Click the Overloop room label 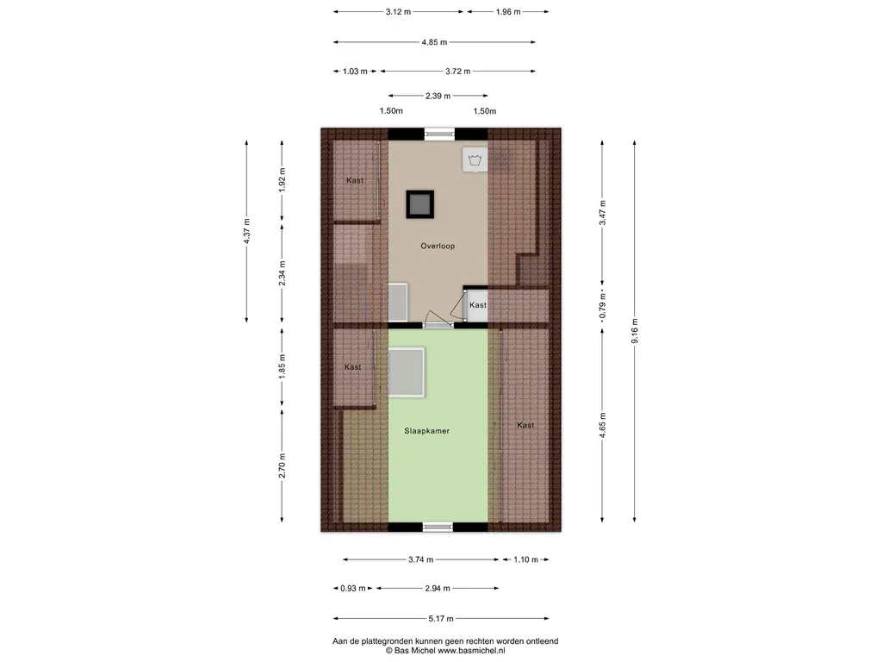click(x=438, y=246)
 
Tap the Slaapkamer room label click(x=427, y=431)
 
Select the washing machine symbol click(x=475, y=159)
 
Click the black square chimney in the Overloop click(x=420, y=204)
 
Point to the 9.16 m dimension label click(x=635, y=331)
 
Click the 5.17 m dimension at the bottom click(x=441, y=619)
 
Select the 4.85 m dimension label click(x=434, y=42)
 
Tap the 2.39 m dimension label click(x=438, y=96)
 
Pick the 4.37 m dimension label click(x=246, y=231)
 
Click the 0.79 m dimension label click(x=602, y=307)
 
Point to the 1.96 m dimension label click(x=508, y=12)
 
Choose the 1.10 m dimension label click(x=526, y=559)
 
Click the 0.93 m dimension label click(x=352, y=588)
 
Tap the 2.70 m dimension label click(x=283, y=465)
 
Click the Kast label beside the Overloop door click(x=478, y=305)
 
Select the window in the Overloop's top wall click(x=438, y=134)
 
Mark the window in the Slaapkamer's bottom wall click(x=438, y=528)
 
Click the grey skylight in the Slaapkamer click(x=407, y=372)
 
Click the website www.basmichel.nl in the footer click(x=471, y=651)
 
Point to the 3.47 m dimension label click(x=602, y=213)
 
